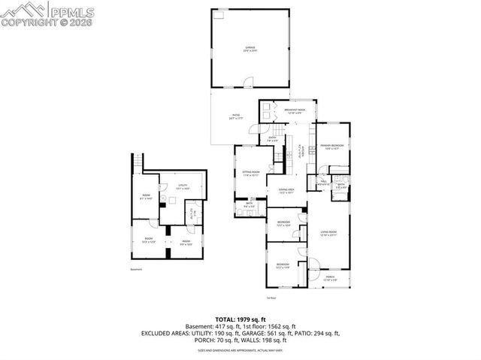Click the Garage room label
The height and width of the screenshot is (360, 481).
[x=250, y=49]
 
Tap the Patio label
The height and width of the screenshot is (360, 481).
[x=235, y=117]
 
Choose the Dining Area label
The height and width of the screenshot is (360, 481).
[x=286, y=191]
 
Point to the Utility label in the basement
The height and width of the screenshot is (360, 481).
[x=183, y=186]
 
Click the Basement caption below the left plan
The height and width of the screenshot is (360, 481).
[x=136, y=269]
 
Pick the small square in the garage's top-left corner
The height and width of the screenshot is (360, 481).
[x=219, y=15]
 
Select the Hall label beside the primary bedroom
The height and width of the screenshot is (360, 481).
[x=323, y=181]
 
